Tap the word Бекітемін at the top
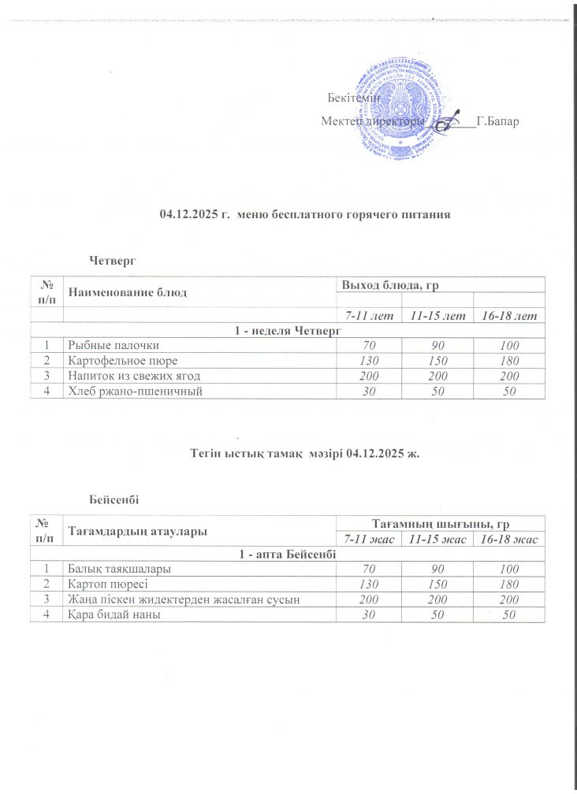[x=354, y=98]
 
